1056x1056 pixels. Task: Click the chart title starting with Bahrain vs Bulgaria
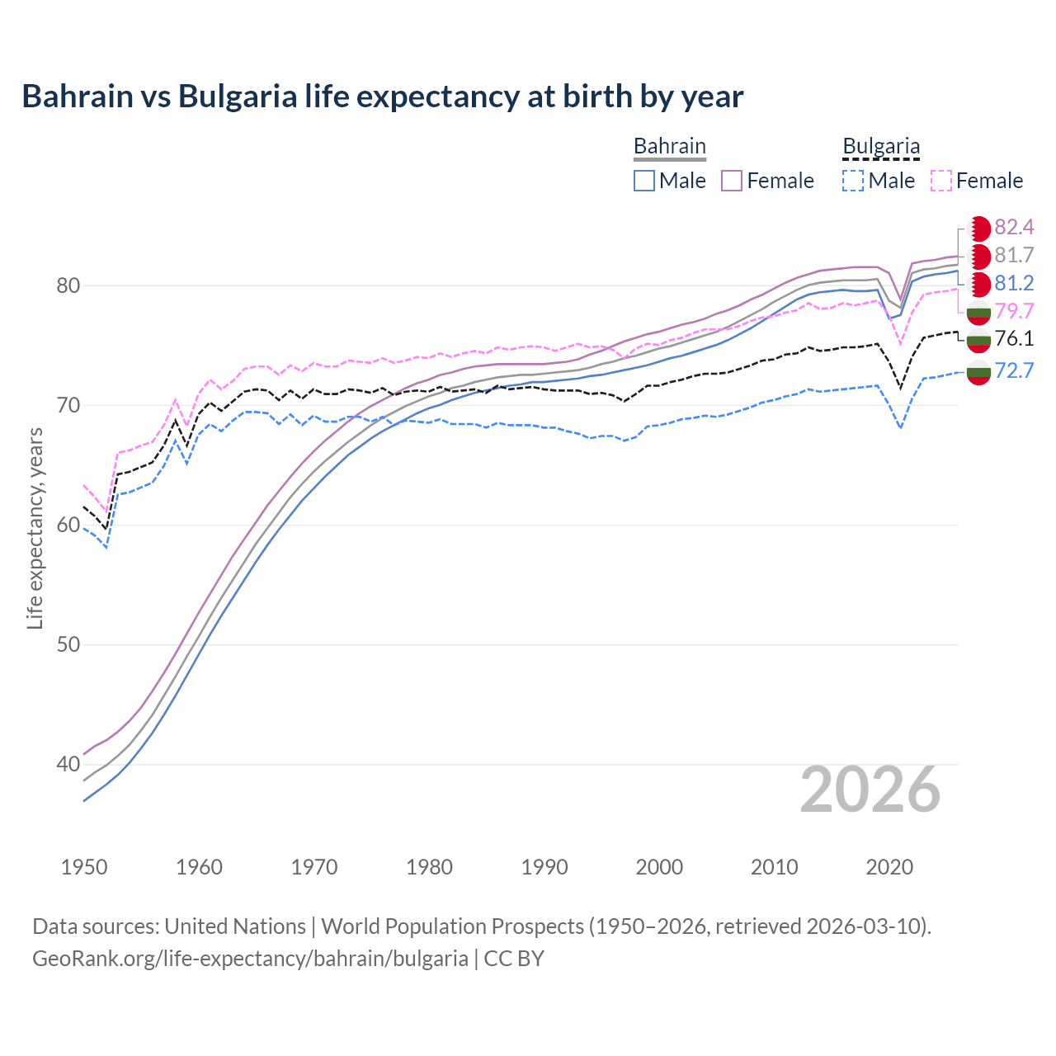383,97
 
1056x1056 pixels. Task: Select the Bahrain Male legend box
644,181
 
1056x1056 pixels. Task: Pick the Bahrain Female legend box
732,181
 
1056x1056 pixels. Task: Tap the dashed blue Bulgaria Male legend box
853,181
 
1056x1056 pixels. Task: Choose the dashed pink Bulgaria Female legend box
941,181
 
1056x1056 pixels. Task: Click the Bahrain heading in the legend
669,146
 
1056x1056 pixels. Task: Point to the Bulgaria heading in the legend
880,146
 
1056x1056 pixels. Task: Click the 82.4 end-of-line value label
1014,227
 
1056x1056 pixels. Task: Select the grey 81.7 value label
1014,255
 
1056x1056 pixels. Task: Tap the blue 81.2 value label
1014,283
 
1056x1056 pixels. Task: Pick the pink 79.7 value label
1014,311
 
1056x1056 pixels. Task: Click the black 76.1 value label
1014,339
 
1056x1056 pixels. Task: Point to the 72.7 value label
1014,370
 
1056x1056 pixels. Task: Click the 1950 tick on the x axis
84,867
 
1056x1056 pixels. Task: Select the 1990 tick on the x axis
544,867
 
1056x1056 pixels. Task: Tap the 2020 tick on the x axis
889,867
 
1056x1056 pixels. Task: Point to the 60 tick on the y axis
68,525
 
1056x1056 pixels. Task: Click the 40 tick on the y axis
68,764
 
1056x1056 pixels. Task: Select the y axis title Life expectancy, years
35,529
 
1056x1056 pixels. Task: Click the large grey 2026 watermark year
870,790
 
